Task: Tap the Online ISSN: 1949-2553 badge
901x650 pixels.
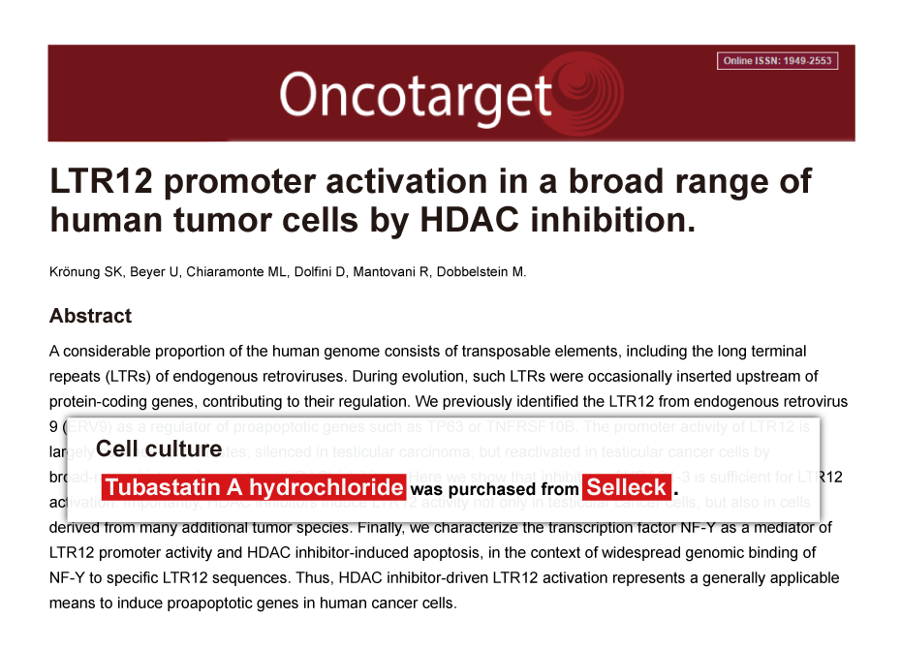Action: pyautogui.click(x=778, y=61)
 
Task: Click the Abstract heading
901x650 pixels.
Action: pyautogui.click(x=90, y=316)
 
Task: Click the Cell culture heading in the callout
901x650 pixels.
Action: pyautogui.click(x=159, y=449)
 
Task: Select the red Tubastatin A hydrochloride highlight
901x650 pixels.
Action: pyautogui.click(x=253, y=487)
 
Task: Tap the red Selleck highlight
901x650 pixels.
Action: pyautogui.click(x=627, y=487)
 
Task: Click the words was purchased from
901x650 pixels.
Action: pyautogui.click(x=494, y=489)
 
